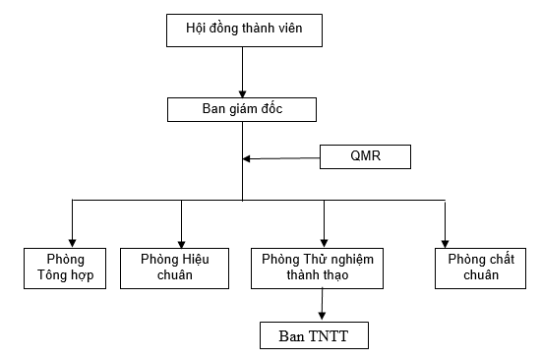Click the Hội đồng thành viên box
[x=242, y=30]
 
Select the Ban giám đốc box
[x=242, y=109]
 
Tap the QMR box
[x=365, y=157]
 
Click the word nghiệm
[x=356, y=258]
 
